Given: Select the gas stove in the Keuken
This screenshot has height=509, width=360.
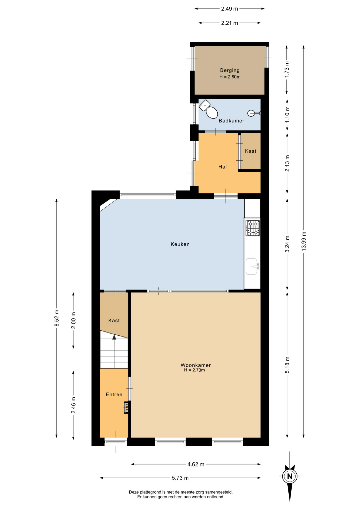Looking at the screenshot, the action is (253, 228).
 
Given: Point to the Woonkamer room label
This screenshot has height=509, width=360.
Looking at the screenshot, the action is (196, 365).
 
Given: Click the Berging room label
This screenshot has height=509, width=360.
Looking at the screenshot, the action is (230, 70).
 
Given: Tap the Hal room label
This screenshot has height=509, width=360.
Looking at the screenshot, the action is (223, 167).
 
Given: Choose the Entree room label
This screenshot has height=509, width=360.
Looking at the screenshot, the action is (114, 394).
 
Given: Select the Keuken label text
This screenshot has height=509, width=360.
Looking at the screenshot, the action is (180, 244).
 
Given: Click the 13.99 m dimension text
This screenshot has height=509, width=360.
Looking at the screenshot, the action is (304, 241).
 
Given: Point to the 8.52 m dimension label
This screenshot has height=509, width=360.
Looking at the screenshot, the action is (56, 318).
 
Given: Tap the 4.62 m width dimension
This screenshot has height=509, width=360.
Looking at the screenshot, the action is (196, 464).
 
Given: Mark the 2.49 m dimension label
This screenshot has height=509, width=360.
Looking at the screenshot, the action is (230, 9).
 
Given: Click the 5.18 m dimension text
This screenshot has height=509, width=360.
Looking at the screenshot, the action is (287, 365).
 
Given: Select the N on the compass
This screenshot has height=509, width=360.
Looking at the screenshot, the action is (290, 476).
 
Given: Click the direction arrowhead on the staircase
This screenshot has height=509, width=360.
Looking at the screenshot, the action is (114, 337).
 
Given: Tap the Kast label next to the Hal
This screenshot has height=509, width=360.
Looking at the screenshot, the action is (251, 151).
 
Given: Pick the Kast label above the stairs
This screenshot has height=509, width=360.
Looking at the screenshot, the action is (114, 321).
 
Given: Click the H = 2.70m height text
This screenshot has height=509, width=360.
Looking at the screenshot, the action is (195, 370).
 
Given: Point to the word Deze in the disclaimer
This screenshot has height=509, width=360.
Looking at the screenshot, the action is (134, 492).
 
